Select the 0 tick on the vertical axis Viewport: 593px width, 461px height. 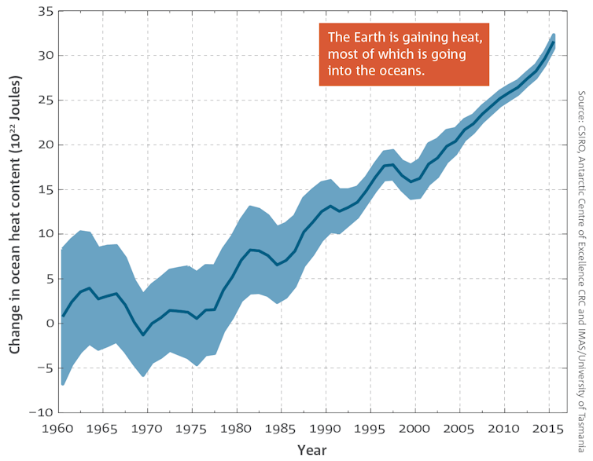click(48, 323)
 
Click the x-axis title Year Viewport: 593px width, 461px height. click(312, 450)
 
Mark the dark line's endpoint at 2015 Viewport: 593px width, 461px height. click(554, 43)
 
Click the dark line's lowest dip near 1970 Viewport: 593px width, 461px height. click(143, 335)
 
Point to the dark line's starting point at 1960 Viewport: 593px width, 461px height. click(63, 316)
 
